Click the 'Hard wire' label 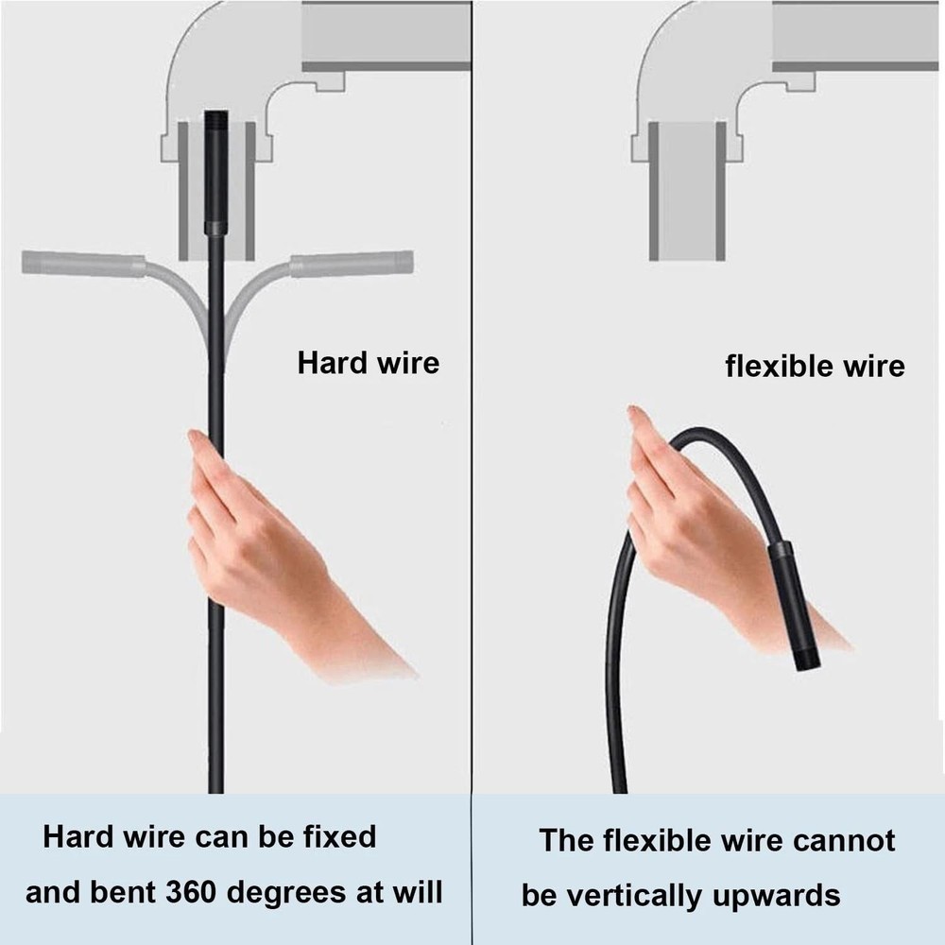click(369, 363)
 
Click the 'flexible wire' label click(815, 366)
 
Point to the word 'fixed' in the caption click(335, 836)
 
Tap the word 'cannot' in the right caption click(847, 839)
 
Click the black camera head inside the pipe click(215, 170)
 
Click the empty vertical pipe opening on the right click(687, 189)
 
